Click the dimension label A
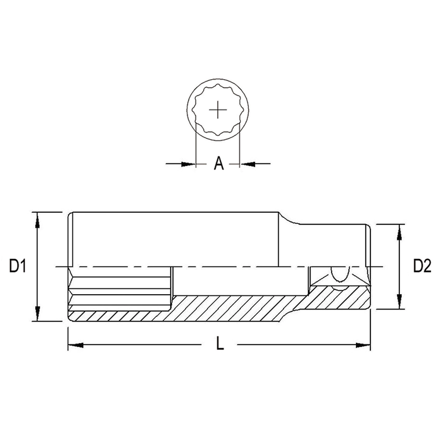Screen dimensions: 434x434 pyautogui.click(x=218, y=163)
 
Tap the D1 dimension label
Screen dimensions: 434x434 pyautogui.click(x=17, y=266)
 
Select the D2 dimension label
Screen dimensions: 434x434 pyautogui.click(x=422, y=266)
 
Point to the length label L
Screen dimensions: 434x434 pyautogui.click(x=220, y=343)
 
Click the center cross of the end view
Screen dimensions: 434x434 pyautogui.click(x=218, y=110)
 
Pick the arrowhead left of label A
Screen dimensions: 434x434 pyautogui.click(x=188, y=164)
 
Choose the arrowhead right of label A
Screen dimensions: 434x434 pyautogui.click(x=247, y=164)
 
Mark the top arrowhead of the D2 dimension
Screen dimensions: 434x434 pyautogui.click(x=399, y=232)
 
